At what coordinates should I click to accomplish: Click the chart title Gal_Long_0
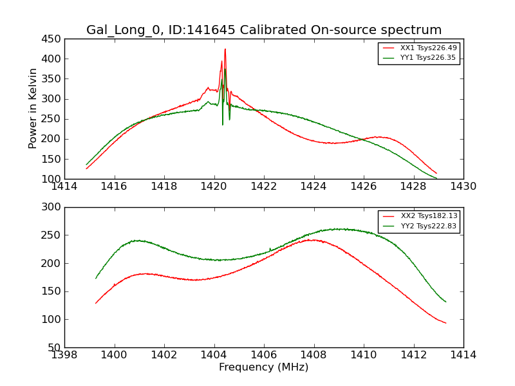pos(264,30)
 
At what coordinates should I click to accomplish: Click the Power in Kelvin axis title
pos(33,109)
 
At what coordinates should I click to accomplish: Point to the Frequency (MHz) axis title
pos(264,367)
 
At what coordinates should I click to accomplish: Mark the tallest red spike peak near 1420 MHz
pos(225,49)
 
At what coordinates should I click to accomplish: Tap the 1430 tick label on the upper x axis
pos(464,187)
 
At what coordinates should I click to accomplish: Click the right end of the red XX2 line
pos(445,323)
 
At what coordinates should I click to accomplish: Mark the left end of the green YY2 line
pos(96,278)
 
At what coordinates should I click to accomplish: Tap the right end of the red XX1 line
pos(436,173)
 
